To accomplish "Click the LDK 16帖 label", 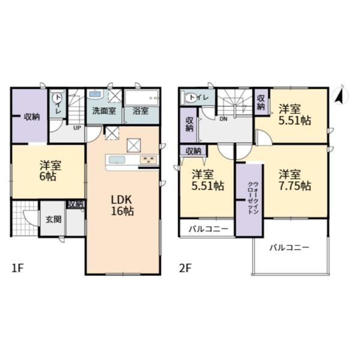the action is tap(122, 205).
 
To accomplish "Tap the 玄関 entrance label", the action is tap(53, 220).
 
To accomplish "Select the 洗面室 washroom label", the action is tap(104, 111).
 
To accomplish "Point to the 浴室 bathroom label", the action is tap(140, 111).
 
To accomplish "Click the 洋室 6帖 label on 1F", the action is tap(50, 171).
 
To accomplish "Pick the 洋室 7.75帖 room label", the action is tap(295, 180).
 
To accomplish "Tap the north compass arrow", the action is tap(340, 95).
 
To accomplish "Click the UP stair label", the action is tap(77, 128).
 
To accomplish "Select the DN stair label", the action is tap(223, 119).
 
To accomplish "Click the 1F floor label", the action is tap(17, 268).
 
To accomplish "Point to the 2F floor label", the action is tap(185, 268).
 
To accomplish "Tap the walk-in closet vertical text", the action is tap(252, 198).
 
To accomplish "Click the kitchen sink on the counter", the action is tap(117, 160).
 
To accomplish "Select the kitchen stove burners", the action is tap(149, 160).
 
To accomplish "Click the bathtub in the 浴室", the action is tap(142, 98).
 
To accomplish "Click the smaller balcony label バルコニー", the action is tap(208, 229).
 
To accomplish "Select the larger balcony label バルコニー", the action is tap(289, 247).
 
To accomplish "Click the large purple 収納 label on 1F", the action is tap(32, 117).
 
